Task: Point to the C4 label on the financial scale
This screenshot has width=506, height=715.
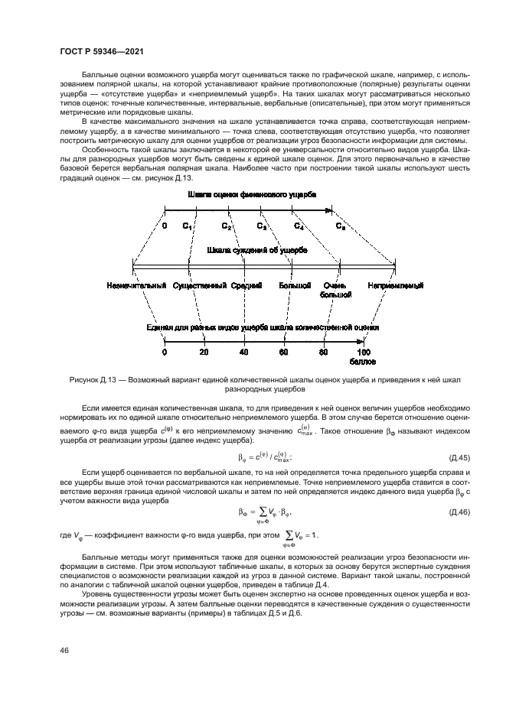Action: (x=299, y=226)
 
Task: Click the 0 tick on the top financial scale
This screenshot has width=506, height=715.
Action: (x=165, y=226)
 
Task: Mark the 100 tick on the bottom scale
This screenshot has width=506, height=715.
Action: (x=364, y=352)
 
